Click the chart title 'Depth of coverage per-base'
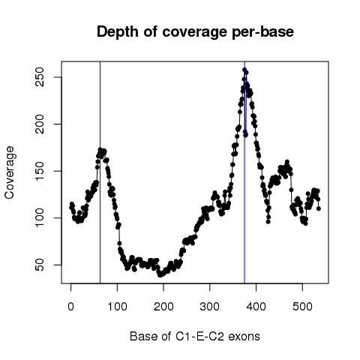click(195, 32)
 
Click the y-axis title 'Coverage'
click(9, 172)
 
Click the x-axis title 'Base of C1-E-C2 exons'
click(195, 336)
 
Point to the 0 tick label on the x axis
click(70, 307)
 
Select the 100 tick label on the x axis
click(117, 307)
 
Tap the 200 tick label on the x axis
click(163, 307)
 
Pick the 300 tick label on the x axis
click(210, 307)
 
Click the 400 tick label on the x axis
click(256, 307)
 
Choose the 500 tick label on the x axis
click(302, 307)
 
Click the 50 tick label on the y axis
click(40, 265)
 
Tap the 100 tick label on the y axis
click(40, 218)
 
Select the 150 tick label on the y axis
click(40, 171)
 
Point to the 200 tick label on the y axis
click(40, 124)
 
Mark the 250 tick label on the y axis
click(40, 77)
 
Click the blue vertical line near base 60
click(100, 172)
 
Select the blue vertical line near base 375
click(244, 172)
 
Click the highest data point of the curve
click(244, 70)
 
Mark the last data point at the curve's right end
click(319, 208)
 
